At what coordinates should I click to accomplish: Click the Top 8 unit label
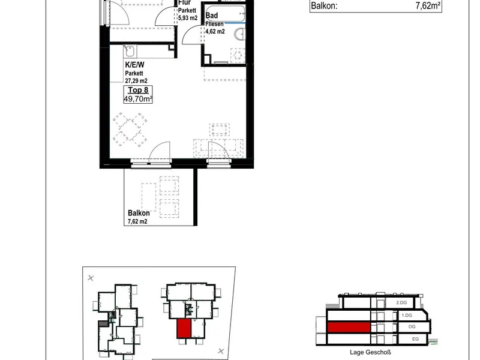click(138, 90)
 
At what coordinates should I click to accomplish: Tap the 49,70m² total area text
click(138, 99)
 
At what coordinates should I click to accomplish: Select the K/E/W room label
click(134, 65)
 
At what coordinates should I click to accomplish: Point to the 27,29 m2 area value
click(136, 81)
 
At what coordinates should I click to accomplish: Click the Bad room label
click(212, 16)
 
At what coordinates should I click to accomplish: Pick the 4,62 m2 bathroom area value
click(215, 31)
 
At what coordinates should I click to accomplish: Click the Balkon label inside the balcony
click(139, 213)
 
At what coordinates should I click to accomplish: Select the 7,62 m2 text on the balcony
click(137, 221)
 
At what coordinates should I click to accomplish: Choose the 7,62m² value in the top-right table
click(428, 6)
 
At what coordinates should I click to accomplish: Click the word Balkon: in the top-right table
click(324, 6)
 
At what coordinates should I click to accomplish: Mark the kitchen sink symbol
click(130, 51)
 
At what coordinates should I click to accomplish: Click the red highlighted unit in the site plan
click(184, 328)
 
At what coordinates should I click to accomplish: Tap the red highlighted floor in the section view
click(349, 327)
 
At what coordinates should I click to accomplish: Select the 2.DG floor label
click(401, 302)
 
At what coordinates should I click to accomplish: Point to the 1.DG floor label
click(407, 315)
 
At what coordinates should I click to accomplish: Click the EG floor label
click(415, 339)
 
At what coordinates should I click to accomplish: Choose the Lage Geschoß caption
click(370, 352)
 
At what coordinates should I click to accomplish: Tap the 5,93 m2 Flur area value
click(188, 18)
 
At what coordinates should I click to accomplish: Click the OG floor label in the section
click(412, 326)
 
